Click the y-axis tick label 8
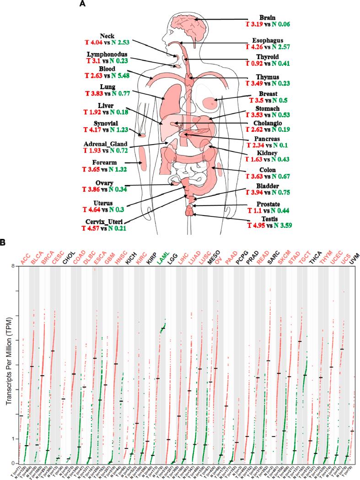tap(14, 267)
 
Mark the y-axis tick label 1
tap(14, 439)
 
